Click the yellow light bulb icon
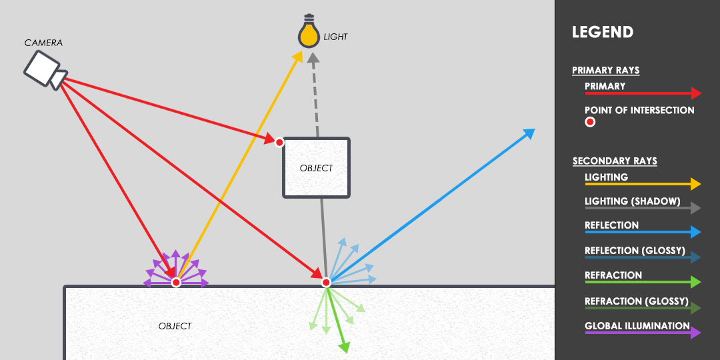click(309, 31)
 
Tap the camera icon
click(45, 70)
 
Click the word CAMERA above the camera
click(43, 43)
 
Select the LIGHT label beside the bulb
click(335, 37)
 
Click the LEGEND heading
click(603, 32)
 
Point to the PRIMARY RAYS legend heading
click(605, 70)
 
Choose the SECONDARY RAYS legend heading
click(615, 161)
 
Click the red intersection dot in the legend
click(590, 122)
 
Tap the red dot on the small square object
click(279, 143)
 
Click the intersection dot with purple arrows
click(176, 283)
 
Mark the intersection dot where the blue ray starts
click(326, 283)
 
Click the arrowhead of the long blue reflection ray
click(529, 133)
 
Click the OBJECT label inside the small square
click(316, 168)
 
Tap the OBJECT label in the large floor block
click(175, 326)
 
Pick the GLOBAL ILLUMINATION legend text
click(637, 326)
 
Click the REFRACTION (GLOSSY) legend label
click(637, 301)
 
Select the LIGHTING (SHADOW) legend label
click(632, 201)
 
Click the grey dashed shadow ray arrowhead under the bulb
click(313, 58)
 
